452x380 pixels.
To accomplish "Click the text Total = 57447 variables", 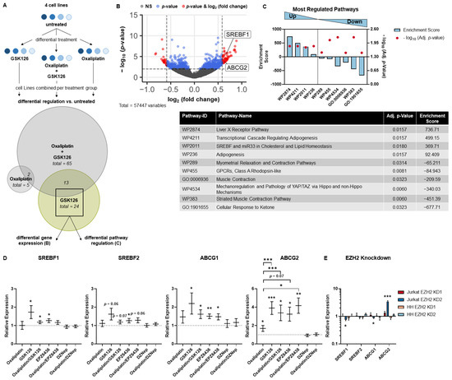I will [164, 108].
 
